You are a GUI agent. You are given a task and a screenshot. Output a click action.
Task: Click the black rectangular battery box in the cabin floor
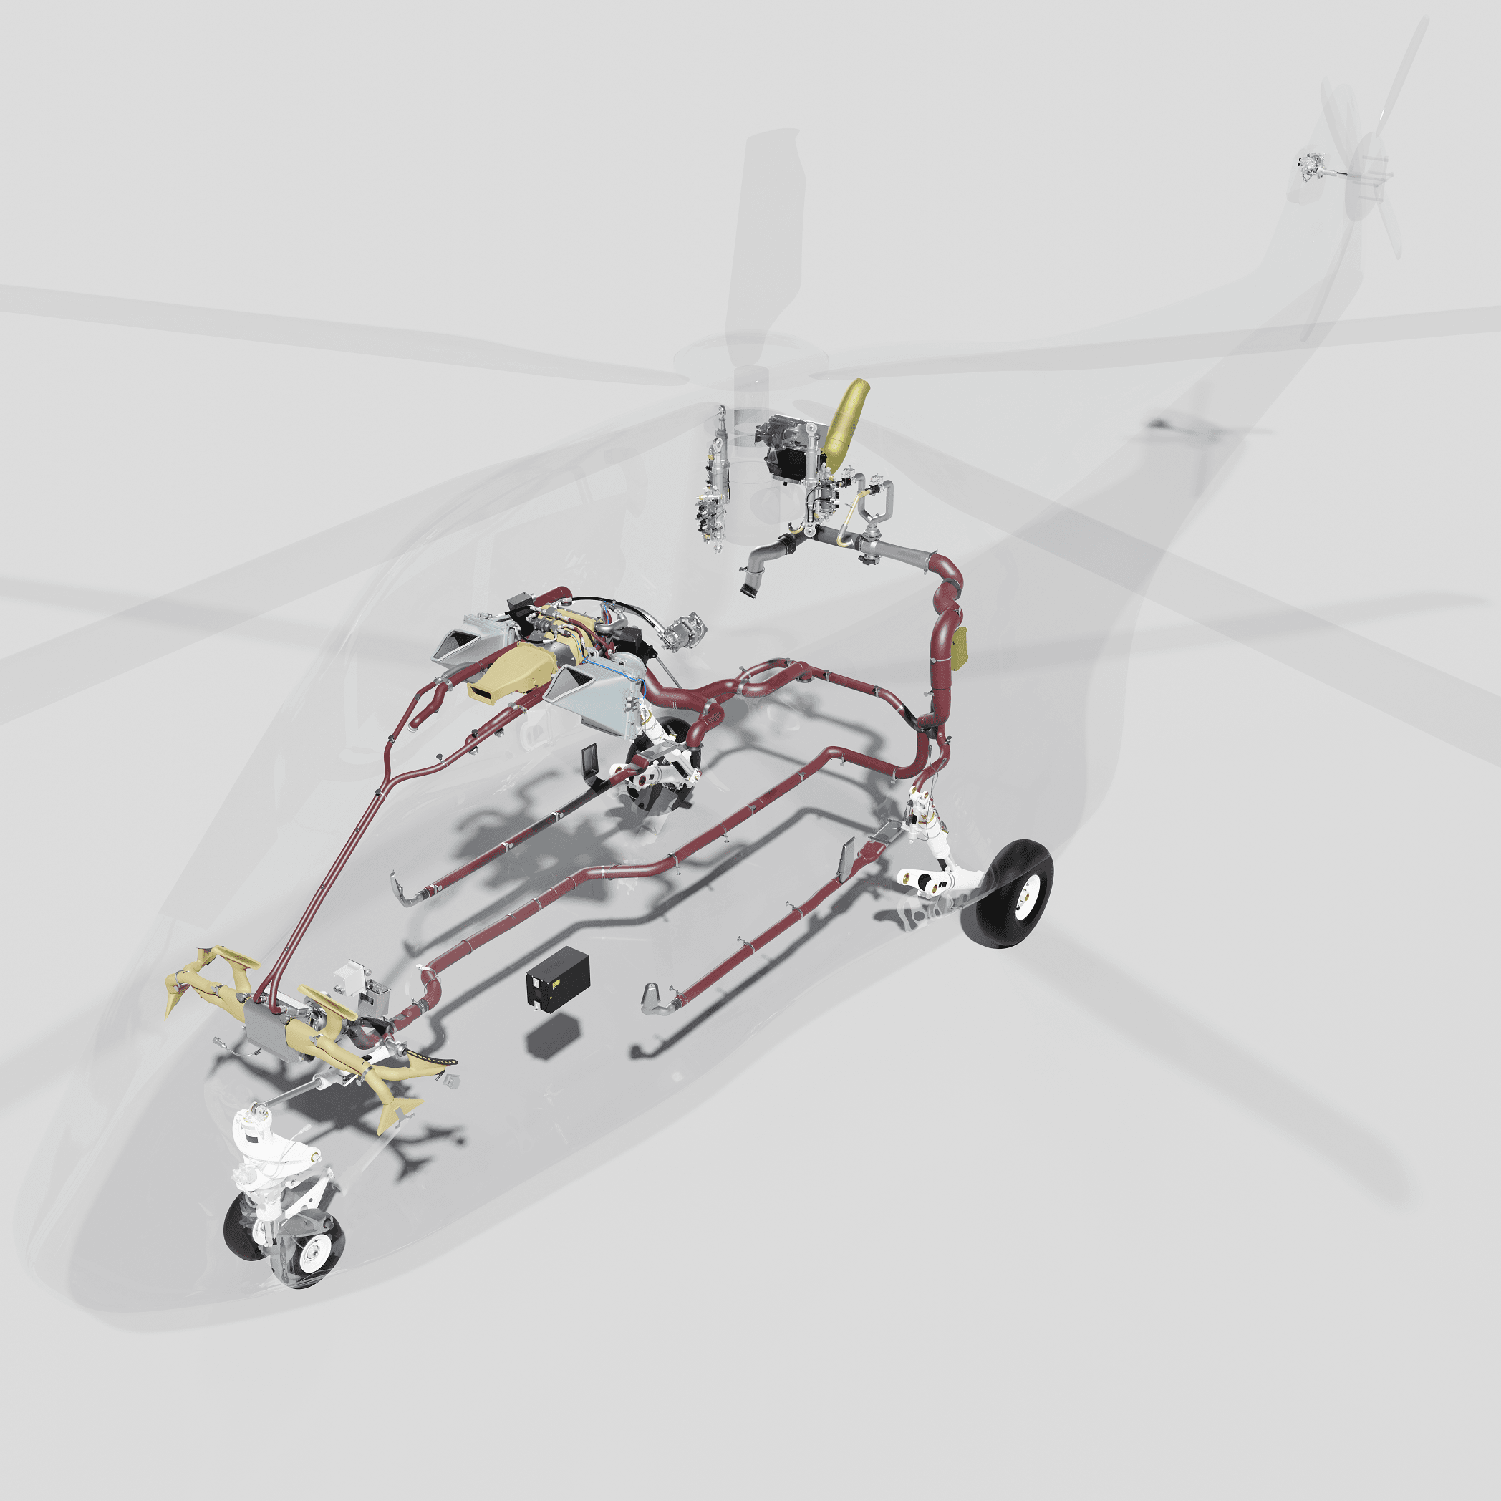coord(557,980)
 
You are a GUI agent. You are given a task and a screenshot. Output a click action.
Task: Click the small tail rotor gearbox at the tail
coord(1310,165)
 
